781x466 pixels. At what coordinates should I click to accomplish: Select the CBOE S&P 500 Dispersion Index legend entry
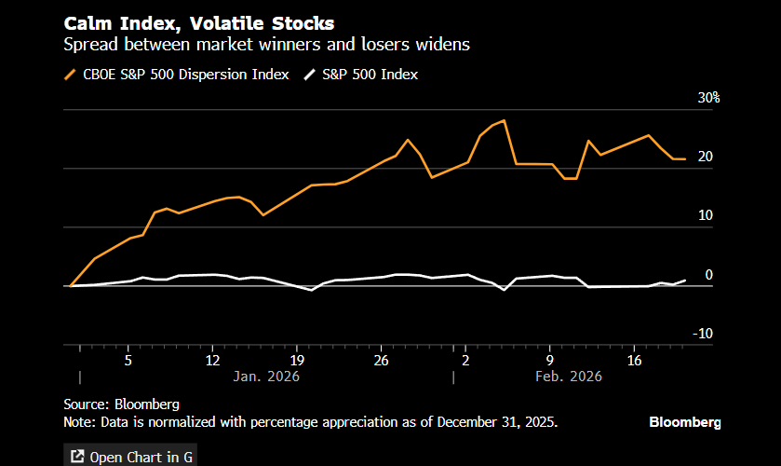pos(176,75)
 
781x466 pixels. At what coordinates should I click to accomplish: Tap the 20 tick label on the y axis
pos(705,157)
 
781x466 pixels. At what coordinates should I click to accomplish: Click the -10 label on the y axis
pos(703,334)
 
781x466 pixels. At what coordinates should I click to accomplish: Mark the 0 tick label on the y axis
pos(709,275)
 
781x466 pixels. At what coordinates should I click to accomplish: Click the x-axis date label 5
pos(128,360)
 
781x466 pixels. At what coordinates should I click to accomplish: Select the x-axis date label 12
pos(212,360)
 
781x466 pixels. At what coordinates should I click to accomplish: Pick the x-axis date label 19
pos(297,360)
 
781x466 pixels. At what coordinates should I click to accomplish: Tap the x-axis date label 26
pos(381,360)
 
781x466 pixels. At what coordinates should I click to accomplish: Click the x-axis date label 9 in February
pos(550,360)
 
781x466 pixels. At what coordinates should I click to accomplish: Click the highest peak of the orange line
pos(504,121)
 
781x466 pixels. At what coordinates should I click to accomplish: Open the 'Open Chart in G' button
pos(129,456)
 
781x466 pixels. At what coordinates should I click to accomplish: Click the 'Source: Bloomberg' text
pos(121,404)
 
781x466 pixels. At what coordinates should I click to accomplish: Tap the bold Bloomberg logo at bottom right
pos(684,422)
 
